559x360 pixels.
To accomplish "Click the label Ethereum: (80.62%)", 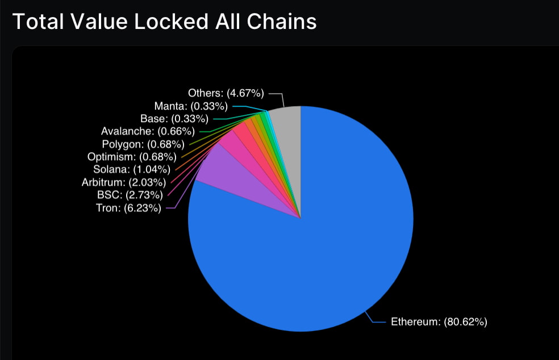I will pyautogui.click(x=439, y=322).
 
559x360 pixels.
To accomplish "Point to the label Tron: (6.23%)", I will pyautogui.click(x=128, y=208).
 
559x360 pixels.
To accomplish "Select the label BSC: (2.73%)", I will pyautogui.click(x=130, y=195).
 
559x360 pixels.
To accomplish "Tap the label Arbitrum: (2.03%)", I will pyautogui.click(x=123, y=182).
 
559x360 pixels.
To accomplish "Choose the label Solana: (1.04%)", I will pyautogui.click(x=131, y=169).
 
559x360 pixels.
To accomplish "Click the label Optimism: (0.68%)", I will pyautogui.click(x=132, y=156).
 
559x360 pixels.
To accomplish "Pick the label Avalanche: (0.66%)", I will pyautogui.click(x=148, y=131).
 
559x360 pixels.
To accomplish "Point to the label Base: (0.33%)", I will pyautogui.click(x=174, y=119).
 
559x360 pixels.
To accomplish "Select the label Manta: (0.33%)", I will pyautogui.click(x=190, y=106).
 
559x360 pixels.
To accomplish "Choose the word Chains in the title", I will pyautogui.click(x=283, y=21).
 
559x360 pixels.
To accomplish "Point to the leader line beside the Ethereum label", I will pyautogui.click(x=378, y=322).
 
